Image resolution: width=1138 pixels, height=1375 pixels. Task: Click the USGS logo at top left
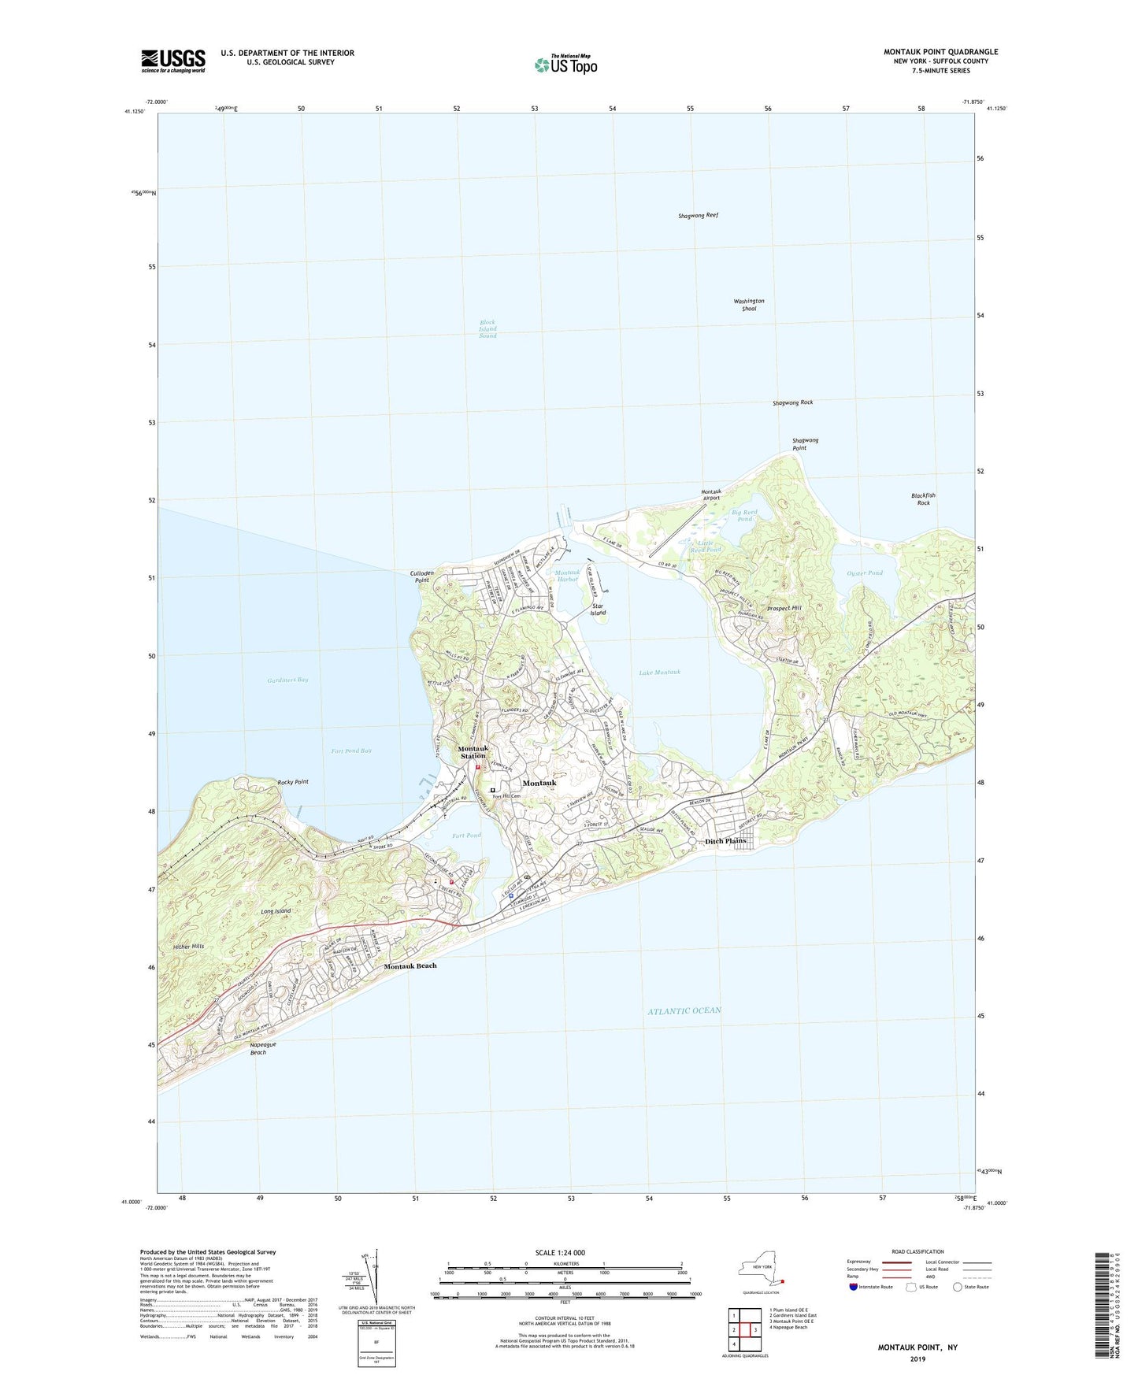[x=173, y=61]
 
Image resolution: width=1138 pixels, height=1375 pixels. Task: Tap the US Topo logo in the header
[x=565, y=64]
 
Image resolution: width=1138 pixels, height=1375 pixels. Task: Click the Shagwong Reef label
[x=698, y=215]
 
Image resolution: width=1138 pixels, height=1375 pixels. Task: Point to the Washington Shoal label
[x=748, y=305]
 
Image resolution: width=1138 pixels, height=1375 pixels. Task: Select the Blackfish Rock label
[x=923, y=499]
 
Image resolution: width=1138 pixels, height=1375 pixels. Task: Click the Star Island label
[x=599, y=609]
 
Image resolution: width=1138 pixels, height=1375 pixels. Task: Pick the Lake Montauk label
[x=659, y=673]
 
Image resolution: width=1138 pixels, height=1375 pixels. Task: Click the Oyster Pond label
[x=864, y=573]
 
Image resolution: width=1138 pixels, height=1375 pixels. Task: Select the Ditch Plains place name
[x=725, y=841]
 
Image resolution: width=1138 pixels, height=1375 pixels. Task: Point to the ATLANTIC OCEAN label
[x=684, y=1010]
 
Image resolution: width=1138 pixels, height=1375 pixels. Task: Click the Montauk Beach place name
[x=410, y=965]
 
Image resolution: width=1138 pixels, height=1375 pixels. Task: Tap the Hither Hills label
[x=187, y=946]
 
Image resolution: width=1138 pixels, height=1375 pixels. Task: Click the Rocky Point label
[x=293, y=782]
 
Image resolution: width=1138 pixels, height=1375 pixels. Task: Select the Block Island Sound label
[x=488, y=329]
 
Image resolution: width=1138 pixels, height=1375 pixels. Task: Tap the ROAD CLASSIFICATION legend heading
[x=917, y=1251]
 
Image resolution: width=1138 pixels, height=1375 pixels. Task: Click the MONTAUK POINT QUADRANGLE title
[x=940, y=52]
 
